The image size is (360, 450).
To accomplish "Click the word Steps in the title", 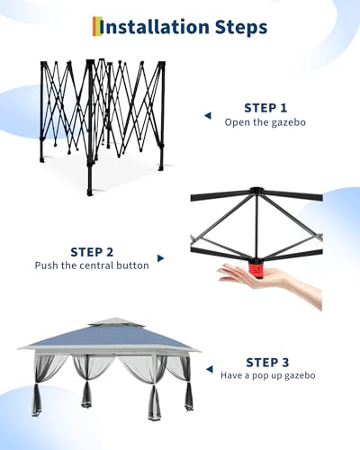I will coord(235,27).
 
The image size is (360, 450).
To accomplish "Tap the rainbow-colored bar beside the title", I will coord(95,27).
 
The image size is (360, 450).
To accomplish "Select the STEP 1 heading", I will coord(266,107).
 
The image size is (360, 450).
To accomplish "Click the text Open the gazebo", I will coord(266,121).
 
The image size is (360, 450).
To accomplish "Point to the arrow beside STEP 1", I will coord(207,115).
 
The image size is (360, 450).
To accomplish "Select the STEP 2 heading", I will coord(93,252).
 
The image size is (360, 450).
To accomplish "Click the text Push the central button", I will coord(93,266).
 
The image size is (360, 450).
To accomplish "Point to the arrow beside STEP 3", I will coord(209,370).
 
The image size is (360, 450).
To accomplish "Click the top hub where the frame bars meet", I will coord(256,192).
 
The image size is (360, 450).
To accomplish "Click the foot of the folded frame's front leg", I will coord(89,192).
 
